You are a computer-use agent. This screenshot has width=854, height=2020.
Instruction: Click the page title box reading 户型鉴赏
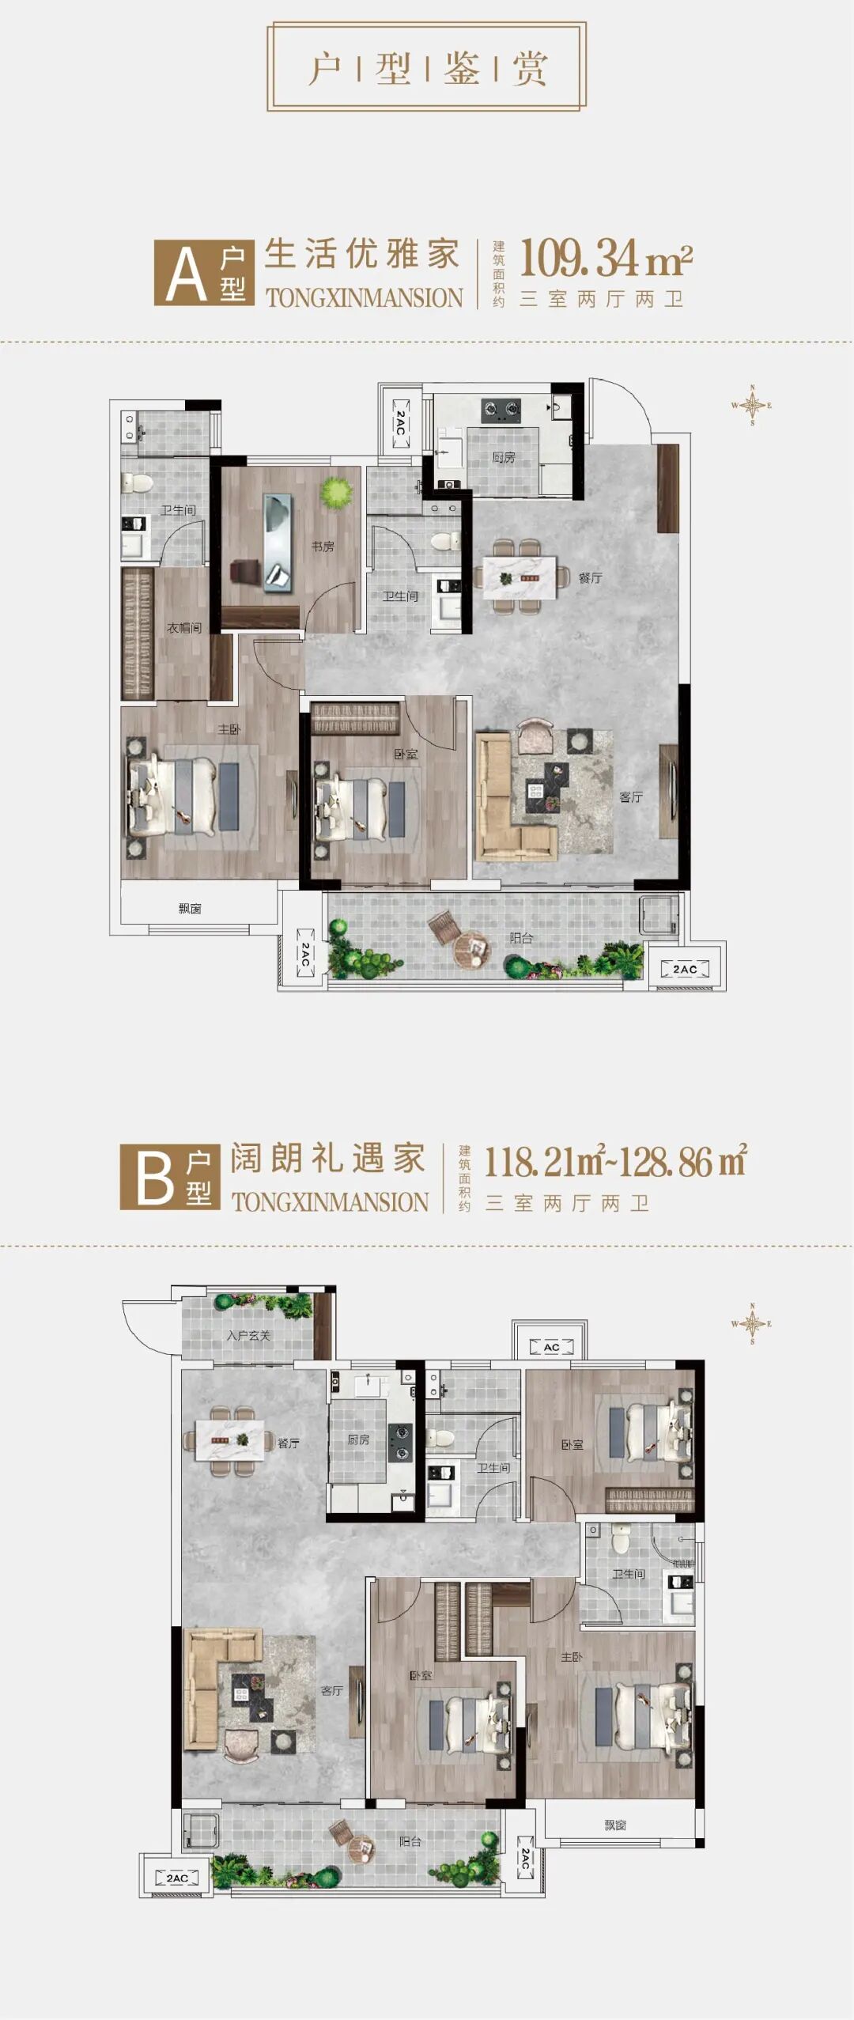tap(426, 67)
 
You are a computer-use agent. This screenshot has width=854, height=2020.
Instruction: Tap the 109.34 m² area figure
tap(606, 258)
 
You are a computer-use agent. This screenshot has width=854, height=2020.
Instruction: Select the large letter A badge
tap(187, 274)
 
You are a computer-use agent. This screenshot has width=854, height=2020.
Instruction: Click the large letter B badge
tap(154, 1178)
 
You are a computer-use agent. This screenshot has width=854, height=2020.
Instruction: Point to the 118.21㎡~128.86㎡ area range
tap(614, 1162)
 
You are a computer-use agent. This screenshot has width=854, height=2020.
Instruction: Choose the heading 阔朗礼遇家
tap(328, 1159)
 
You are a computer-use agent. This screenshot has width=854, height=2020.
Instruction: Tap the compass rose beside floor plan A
tap(751, 406)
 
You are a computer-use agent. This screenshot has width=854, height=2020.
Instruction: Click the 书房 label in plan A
tap(323, 547)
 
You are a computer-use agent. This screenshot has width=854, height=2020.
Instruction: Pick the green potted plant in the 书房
tap(336, 493)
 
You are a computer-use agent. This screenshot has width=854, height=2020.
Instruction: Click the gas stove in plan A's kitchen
tap(501, 410)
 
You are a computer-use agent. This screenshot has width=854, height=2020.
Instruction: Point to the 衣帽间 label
tap(183, 628)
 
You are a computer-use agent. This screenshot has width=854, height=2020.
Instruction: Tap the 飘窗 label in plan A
tap(190, 909)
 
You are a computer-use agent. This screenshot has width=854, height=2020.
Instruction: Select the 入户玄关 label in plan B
tap(248, 1336)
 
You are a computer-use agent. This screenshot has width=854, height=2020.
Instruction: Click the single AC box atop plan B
tap(551, 1347)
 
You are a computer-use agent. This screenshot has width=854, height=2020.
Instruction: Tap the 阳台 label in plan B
tap(410, 1841)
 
